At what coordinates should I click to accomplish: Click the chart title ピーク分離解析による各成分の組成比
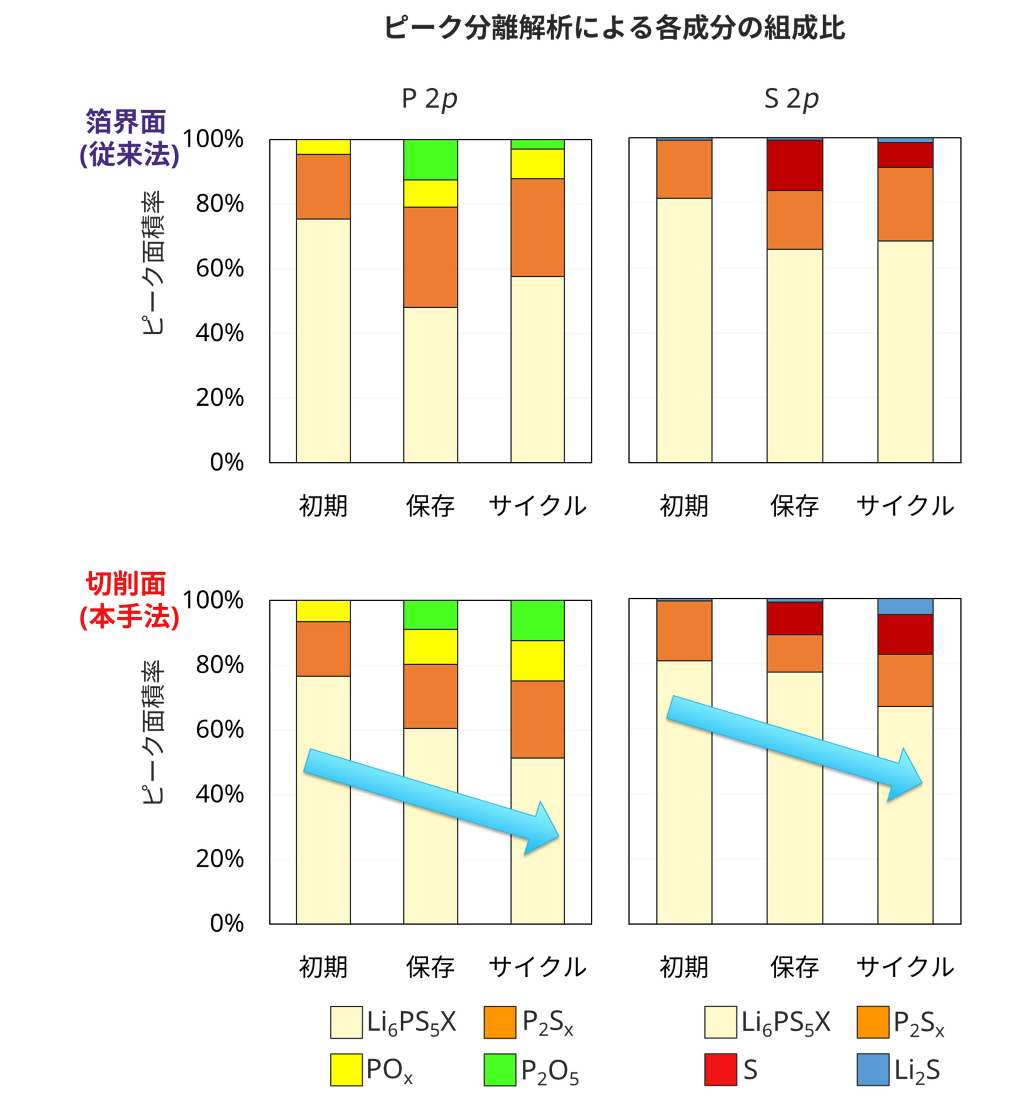pos(614,27)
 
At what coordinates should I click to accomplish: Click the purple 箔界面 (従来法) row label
pos(128,138)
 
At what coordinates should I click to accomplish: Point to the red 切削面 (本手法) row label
pos(128,600)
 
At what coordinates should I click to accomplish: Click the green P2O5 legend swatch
pos(500,1069)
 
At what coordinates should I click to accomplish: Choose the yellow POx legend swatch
pos(346,1069)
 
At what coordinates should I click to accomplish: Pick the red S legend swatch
pos(720,1069)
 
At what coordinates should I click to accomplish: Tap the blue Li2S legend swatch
pos(873,1069)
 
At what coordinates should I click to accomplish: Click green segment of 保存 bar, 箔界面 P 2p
pos(430,159)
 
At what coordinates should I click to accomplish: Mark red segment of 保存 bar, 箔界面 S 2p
pos(794,165)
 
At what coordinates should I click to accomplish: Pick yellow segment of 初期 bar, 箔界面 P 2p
pos(323,147)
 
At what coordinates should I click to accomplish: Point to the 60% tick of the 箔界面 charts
pos(219,269)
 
